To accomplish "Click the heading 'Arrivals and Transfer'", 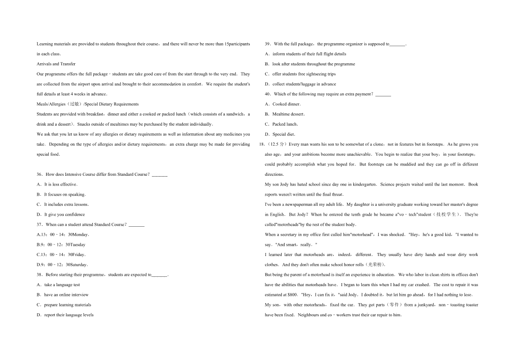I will coord(56,64).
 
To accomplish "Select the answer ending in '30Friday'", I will coord(61,255).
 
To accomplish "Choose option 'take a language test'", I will coord(62,285).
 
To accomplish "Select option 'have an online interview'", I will coord(66,295).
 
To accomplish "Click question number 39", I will coord(268,44).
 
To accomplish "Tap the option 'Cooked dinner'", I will coord(286,104).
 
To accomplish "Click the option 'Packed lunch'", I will coord(285,124).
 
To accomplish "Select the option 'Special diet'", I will coord(284,135).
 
